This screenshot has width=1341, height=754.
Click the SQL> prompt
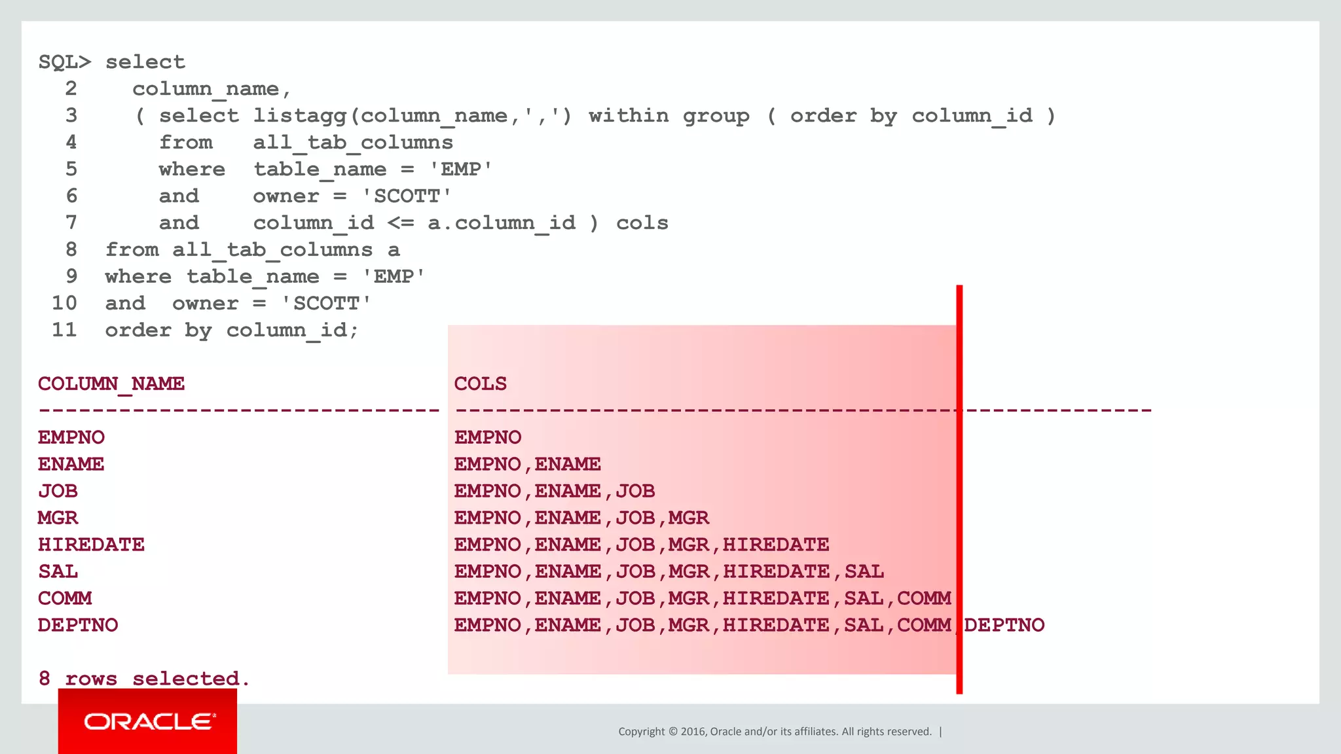click(64, 62)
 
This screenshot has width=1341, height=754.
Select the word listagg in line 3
click(300, 116)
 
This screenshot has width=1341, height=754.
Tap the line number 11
click(64, 330)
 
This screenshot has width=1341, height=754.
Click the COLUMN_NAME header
click(111, 384)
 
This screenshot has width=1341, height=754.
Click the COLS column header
click(480, 384)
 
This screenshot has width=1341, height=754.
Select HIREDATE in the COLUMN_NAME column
click(91, 545)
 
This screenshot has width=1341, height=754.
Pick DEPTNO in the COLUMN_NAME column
click(78, 625)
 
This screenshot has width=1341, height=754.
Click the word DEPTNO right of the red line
click(1004, 625)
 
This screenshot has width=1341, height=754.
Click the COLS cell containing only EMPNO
click(488, 437)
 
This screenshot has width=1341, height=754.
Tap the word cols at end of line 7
click(642, 223)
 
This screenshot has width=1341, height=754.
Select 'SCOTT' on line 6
click(407, 196)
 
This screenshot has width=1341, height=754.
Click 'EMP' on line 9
click(394, 277)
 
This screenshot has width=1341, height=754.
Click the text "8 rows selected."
click(144, 679)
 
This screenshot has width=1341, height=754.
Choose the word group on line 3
click(716, 116)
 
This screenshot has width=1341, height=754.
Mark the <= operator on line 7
click(400, 223)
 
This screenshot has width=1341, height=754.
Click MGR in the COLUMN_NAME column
click(58, 518)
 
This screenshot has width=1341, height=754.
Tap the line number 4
click(71, 143)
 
